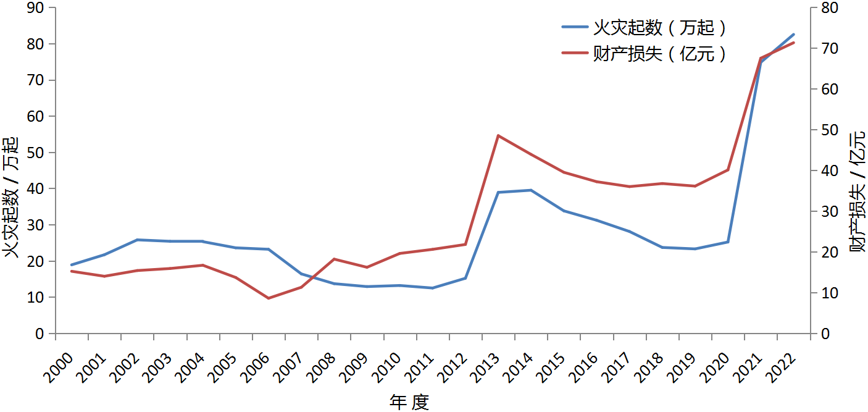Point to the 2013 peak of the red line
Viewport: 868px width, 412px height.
pos(498,135)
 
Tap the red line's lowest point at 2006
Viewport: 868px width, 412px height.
pos(269,298)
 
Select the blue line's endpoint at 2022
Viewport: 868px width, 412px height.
pos(794,35)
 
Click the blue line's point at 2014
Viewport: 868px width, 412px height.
pos(531,190)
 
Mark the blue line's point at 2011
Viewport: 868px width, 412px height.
pos(433,288)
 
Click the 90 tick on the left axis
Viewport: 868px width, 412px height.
pos(36,8)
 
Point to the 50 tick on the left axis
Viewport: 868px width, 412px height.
pos(36,153)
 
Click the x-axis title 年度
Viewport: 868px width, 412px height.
pos(409,402)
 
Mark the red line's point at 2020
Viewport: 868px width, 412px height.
pos(728,170)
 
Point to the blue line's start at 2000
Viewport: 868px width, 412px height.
pos(72,265)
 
